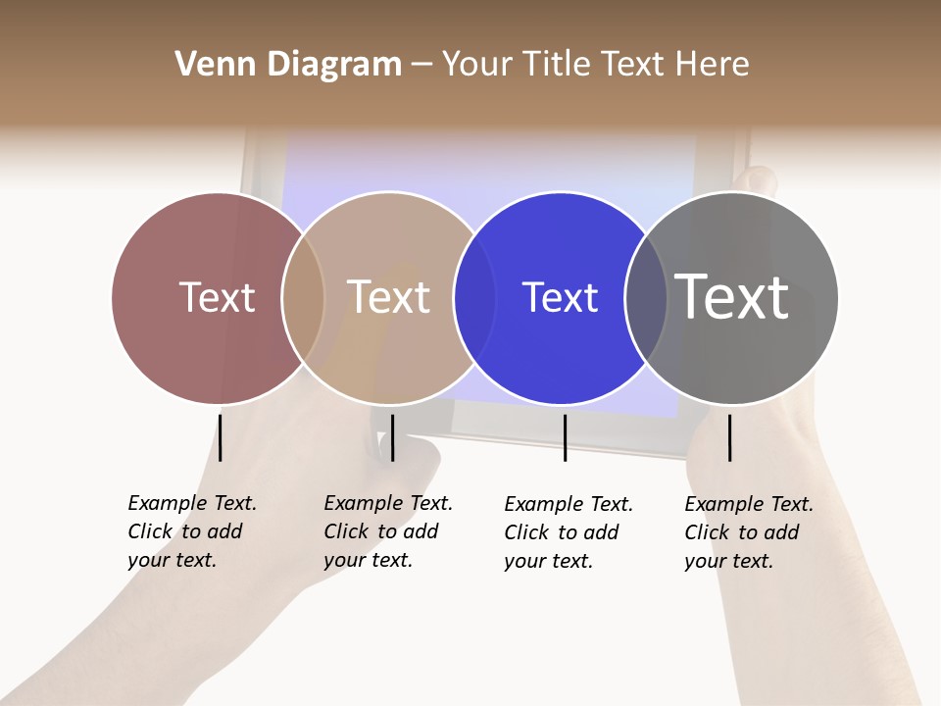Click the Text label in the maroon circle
click(217, 297)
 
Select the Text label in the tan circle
click(389, 297)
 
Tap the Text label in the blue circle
click(560, 297)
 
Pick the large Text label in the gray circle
click(732, 297)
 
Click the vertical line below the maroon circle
click(221, 437)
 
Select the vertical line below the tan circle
click(392, 437)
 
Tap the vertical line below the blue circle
click(565, 437)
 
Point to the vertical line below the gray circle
click(730, 437)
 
